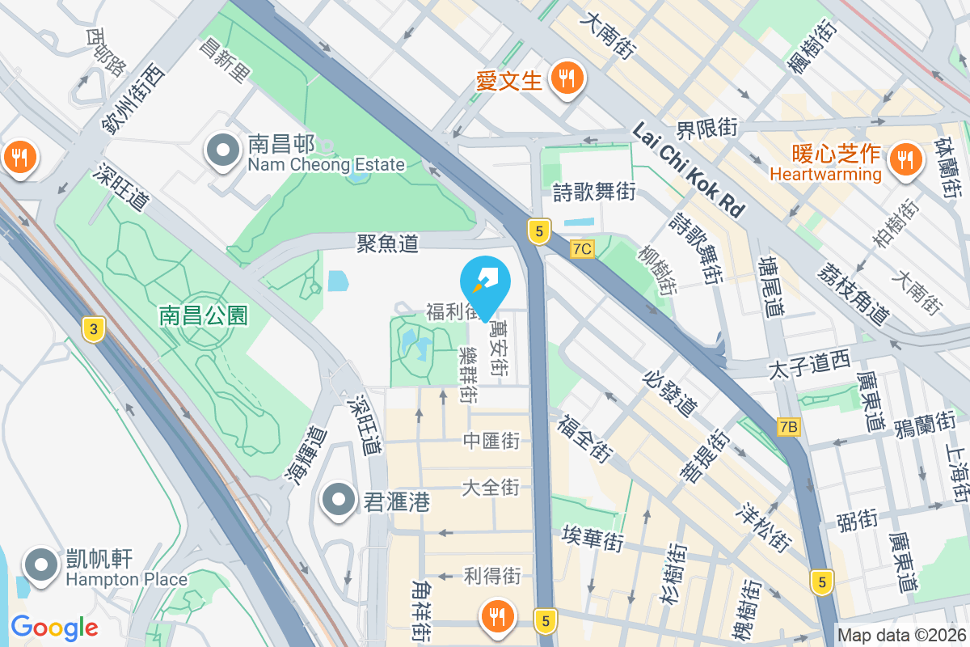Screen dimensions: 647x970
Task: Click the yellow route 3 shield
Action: click(x=94, y=329)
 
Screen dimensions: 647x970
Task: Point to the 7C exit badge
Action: click(x=581, y=249)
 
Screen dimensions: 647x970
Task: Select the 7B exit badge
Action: click(x=789, y=426)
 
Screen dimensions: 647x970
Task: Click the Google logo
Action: click(x=54, y=627)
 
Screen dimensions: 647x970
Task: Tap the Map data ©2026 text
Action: click(x=901, y=636)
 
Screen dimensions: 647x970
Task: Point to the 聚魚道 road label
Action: click(x=388, y=242)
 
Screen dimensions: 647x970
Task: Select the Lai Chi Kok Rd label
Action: click(x=689, y=170)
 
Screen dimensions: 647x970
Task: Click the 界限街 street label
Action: click(x=707, y=127)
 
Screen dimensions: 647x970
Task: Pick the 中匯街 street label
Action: click(x=491, y=441)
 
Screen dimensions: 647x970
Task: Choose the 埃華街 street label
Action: click(x=593, y=539)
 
